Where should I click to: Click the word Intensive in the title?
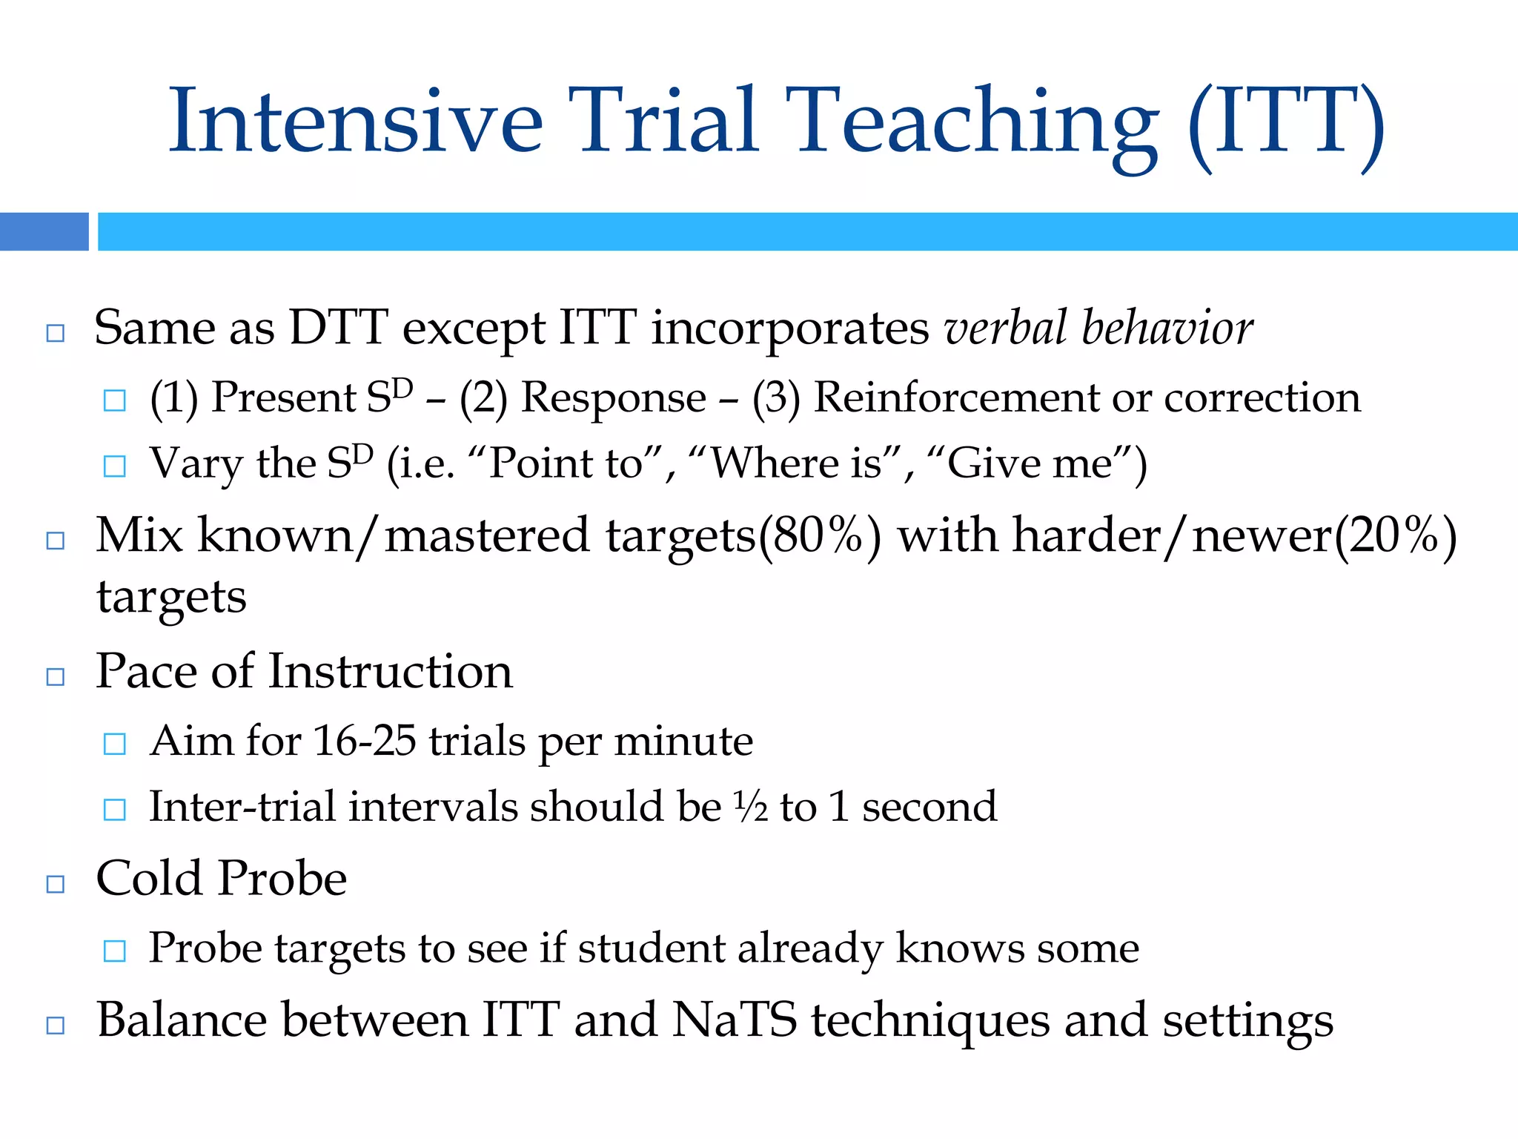[x=356, y=122]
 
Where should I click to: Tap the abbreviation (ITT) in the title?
[x=1286, y=122]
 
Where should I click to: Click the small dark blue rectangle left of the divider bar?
[x=44, y=231]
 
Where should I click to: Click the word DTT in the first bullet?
[x=338, y=328]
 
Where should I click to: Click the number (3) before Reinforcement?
[x=776, y=398]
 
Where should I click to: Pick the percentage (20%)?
[x=1395, y=536]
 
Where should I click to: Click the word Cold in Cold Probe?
[x=151, y=879]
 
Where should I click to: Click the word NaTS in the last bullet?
[x=735, y=1020]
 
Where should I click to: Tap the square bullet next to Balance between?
[x=56, y=1026]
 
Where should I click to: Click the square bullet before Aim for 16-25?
[x=115, y=744]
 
